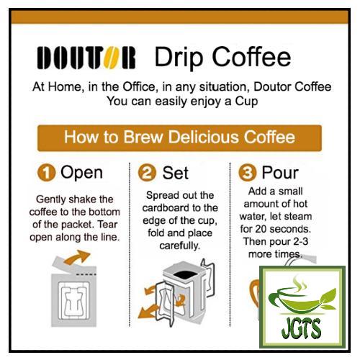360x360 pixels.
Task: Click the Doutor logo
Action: (x=86, y=58)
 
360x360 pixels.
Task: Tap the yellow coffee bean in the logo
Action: (x=111, y=58)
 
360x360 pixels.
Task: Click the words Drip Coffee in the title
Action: (x=222, y=57)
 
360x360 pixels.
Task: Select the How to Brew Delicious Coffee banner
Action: (x=179, y=138)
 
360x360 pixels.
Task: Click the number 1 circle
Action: (x=46, y=173)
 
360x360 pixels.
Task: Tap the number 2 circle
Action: (x=147, y=173)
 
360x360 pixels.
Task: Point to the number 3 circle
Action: (x=247, y=173)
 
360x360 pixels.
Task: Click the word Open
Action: (x=81, y=173)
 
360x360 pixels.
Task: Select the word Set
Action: (x=176, y=173)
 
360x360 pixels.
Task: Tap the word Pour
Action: (x=280, y=173)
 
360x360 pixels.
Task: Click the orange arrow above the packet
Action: (x=77, y=257)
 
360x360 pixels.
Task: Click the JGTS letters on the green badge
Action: (x=301, y=328)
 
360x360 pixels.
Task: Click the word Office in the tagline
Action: (x=139, y=86)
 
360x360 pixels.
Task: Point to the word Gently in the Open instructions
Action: (x=48, y=199)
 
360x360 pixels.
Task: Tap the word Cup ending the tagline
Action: (x=246, y=102)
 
